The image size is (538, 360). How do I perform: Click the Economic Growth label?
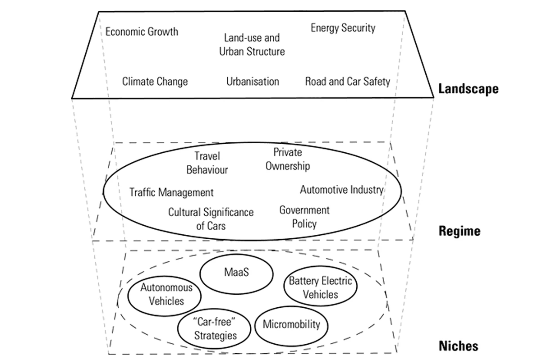pos(142,32)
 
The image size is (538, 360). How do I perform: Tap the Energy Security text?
pos(343,28)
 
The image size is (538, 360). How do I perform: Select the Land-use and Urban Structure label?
pos(252,45)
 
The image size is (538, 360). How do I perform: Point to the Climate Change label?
pos(155,82)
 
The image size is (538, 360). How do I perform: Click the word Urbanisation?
pos(253,82)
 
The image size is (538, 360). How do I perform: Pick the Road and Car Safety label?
pos(347,82)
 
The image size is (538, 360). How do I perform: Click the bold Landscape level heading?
pos(468,89)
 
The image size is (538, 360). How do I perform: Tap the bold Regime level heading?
pos(459,232)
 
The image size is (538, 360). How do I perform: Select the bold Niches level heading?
pos(458,346)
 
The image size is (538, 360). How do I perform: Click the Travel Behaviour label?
pos(207,163)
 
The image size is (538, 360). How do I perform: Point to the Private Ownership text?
pos(288,159)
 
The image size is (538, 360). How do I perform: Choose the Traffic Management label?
pos(171,192)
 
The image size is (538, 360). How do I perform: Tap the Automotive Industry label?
pos(341,190)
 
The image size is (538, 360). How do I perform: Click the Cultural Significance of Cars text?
pos(211,219)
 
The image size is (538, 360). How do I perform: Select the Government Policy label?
pos(304,216)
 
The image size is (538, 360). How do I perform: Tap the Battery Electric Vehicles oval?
pos(320,288)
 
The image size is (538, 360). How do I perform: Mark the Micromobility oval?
pos(291,324)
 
